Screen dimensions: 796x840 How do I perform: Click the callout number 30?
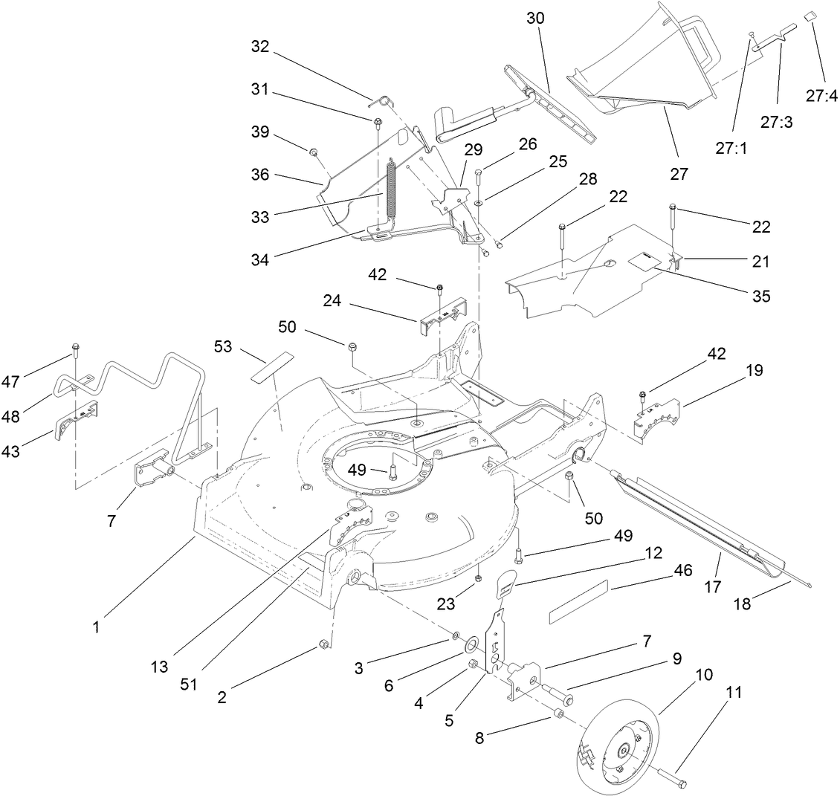pyautogui.click(x=535, y=19)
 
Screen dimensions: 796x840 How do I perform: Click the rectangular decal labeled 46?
pyautogui.click(x=578, y=602)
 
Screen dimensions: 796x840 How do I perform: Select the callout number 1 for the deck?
pyautogui.click(x=96, y=627)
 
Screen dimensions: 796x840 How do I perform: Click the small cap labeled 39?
pyautogui.click(x=315, y=153)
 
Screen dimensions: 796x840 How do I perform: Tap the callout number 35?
pyautogui.click(x=760, y=296)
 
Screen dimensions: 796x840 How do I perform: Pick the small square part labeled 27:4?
pyautogui.click(x=811, y=16)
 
